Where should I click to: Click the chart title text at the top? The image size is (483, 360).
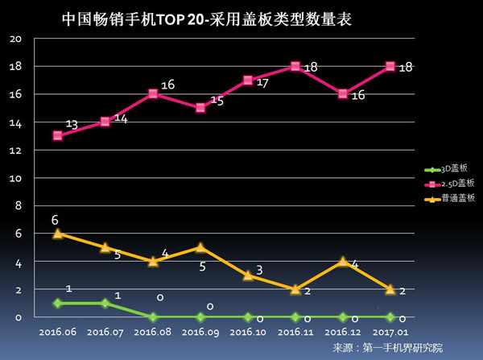tap(207, 19)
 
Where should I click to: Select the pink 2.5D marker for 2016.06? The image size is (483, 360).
tap(58, 135)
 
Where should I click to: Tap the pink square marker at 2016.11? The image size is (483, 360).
tap(295, 66)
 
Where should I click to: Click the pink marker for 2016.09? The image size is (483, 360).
tap(200, 108)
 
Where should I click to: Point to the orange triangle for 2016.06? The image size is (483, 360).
tap(58, 234)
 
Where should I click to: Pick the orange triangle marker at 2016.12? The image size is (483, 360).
tap(343, 262)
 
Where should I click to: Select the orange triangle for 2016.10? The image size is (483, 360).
tap(248, 275)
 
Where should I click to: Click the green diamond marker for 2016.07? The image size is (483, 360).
tap(105, 304)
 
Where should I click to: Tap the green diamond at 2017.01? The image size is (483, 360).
tap(390, 317)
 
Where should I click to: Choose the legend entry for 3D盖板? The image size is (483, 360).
tap(446, 168)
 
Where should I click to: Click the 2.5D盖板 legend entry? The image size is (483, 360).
tap(449, 184)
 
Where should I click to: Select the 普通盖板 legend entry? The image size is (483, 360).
tap(449, 198)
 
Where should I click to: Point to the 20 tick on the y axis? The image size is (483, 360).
tap(15, 39)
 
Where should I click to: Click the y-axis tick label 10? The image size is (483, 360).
tap(15, 179)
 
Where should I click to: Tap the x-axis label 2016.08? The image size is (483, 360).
tap(152, 333)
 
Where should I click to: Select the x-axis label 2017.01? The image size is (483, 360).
tap(390, 333)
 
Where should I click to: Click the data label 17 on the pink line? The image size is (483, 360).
tap(262, 83)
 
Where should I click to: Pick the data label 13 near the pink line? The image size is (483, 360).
tap(72, 125)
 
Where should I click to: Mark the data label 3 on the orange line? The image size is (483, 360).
tap(260, 270)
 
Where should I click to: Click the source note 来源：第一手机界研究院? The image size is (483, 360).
tap(388, 348)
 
